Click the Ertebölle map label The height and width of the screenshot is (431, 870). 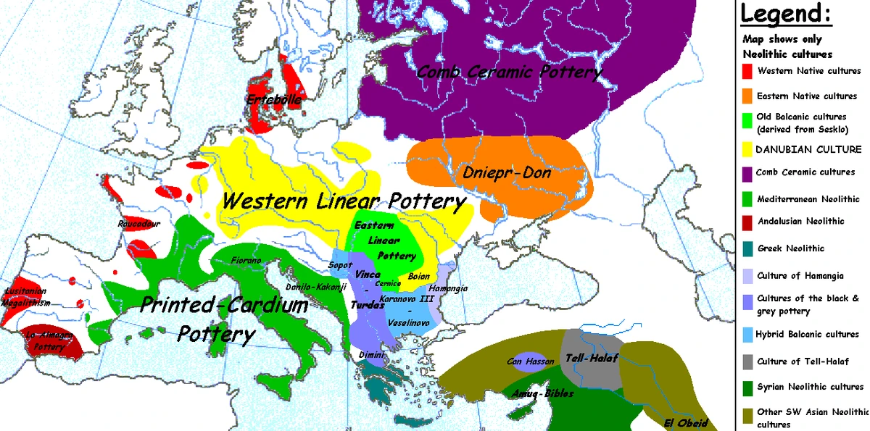coord(274,100)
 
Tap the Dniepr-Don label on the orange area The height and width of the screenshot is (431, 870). coord(507,173)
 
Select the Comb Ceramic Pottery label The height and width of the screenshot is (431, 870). coord(510,72)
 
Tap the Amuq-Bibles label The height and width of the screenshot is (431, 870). coord(542,393)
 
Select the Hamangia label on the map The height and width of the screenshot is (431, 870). coord(447,288)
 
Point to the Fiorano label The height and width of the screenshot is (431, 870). coord(246,259)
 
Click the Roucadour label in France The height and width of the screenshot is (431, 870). coord(138,224)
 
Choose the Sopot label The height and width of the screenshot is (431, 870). coord(340,265)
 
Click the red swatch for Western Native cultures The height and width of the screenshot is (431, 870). coord(746,71)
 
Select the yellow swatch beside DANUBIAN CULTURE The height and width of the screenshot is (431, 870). coord(746,149)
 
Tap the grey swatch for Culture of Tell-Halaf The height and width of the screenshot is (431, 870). coord(746,361)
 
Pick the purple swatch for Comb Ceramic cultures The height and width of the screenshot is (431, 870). coord(746,172)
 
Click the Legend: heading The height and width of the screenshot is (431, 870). coord(785,13)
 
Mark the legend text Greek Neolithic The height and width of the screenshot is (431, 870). coord(790,248)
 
